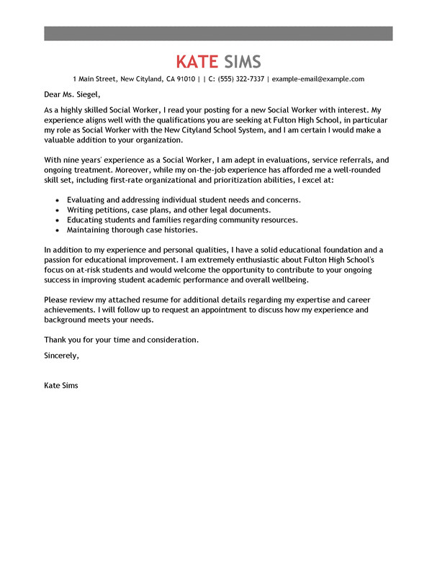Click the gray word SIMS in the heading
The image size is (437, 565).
(242, 60)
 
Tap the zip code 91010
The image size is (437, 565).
(186, 79)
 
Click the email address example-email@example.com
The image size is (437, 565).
(319, 79)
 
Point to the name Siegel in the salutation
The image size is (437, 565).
(86, 94)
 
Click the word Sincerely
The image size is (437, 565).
(61, 354)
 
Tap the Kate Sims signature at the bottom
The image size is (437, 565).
(61, 385)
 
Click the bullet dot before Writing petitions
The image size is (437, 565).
(57, 209)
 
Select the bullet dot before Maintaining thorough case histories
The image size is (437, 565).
(57, 230)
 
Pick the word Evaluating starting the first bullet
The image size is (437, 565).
(88, 199)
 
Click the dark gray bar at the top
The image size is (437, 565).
(218, 33)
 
